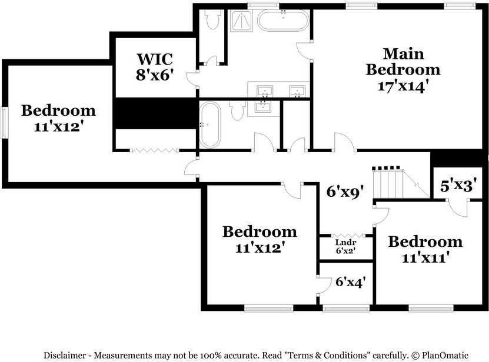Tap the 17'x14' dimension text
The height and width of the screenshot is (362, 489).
tap(402, 85)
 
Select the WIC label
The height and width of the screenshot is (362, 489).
tap(154, 59)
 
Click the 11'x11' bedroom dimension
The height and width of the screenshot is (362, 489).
tap(425, 257)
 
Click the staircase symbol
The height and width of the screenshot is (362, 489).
tap(391, 182)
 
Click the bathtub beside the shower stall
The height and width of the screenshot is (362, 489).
tap(283, 21)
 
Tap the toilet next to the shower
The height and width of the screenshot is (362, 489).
tap(213, 20)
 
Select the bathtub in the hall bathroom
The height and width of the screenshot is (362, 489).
tap(209, 125)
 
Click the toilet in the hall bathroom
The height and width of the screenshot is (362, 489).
tap(238, 110)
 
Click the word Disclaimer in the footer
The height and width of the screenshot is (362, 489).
tap(64, 355)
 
